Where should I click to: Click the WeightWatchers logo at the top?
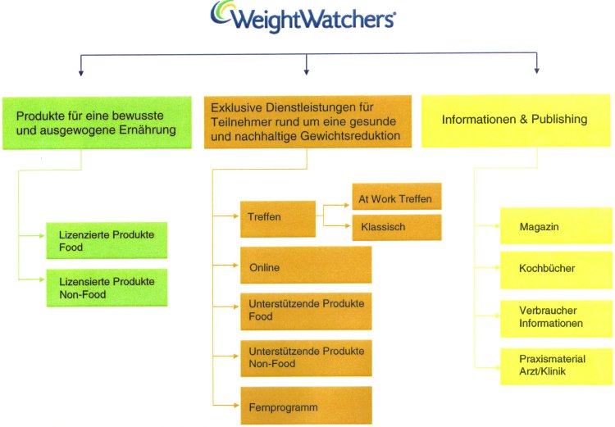303,16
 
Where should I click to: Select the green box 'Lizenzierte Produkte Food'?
107,240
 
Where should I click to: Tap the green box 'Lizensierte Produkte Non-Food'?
107,288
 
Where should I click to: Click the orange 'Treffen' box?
278,219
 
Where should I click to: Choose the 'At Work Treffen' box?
397,196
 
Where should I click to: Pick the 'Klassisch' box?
397,227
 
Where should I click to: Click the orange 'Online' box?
306,265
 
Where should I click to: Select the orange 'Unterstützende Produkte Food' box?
306,311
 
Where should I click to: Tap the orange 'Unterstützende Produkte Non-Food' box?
306,358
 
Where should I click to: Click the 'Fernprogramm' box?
306,406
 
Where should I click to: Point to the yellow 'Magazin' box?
556,226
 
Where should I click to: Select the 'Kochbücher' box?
556,270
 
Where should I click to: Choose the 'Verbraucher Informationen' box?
556,319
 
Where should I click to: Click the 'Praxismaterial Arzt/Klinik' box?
556,366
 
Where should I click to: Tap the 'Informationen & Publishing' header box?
516,120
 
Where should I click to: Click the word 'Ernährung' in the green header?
148,130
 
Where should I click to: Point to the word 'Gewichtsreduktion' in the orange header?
350,136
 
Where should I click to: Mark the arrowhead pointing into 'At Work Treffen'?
346,205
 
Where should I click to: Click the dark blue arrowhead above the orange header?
307,72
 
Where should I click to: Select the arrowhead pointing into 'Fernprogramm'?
236,405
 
